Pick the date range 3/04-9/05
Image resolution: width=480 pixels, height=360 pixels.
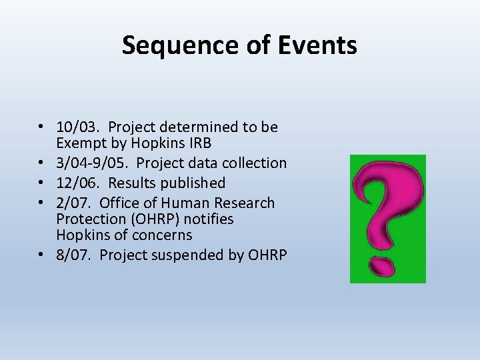pos(98,163)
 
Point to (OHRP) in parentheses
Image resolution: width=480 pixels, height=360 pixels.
pos(148,219)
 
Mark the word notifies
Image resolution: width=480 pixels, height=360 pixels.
pos(207,219)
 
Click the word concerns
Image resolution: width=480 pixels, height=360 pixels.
pos(159,235)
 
